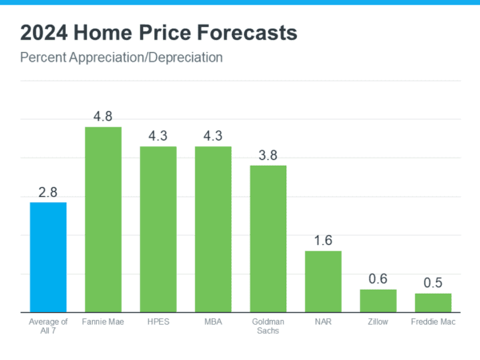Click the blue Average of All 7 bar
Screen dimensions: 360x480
pos(48,257)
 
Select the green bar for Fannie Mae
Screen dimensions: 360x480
pos(103,219)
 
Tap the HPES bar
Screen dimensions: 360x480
pos(158,229)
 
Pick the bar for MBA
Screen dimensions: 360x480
pos(213,229)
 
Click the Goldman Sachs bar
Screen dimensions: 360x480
pos(268,238)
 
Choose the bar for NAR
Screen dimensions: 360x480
pos(323,281)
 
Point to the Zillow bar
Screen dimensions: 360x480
pos(378,300)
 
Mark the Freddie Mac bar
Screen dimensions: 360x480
pos(433,302)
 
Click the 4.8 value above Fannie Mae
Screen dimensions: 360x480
pos(103,116)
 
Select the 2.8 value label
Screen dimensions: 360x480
pos(48,192)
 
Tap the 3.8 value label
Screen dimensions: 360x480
pos(268,154)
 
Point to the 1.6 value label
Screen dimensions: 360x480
pos(323,240)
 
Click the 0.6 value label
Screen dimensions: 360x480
pos(378,278)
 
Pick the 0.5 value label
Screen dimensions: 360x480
pos(433,282)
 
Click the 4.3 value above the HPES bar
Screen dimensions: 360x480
pos(158,135)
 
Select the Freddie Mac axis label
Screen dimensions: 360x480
pos(433,322)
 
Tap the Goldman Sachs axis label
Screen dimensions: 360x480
pos(268,326)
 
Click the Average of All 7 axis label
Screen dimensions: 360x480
pos(48,326)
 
